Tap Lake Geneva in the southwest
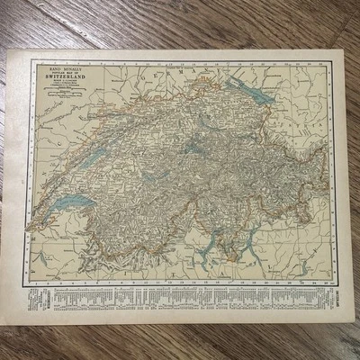[67, 204]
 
